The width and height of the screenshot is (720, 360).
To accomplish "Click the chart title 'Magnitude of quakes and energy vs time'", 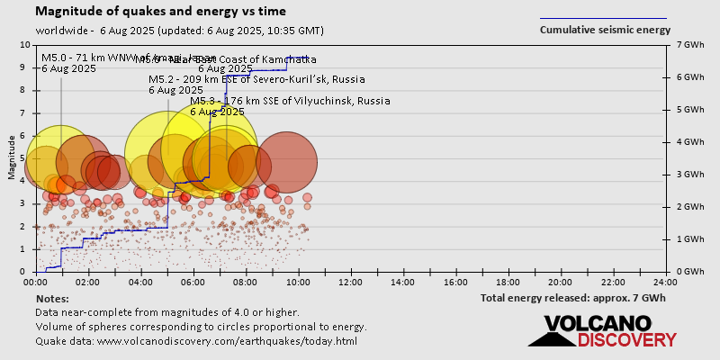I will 161,12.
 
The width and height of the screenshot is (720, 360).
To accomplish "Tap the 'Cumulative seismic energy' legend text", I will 605,30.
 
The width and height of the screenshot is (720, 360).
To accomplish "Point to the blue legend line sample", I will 603,17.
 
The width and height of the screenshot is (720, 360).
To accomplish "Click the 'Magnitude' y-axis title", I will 11,158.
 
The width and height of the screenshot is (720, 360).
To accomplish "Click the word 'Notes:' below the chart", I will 52,298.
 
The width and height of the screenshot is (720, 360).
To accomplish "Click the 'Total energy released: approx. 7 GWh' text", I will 572,298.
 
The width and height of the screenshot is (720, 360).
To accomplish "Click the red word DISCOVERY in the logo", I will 626,340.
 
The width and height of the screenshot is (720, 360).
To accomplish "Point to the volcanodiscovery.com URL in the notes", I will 227,341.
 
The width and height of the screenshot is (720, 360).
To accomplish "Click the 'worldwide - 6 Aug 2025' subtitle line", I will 179,30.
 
